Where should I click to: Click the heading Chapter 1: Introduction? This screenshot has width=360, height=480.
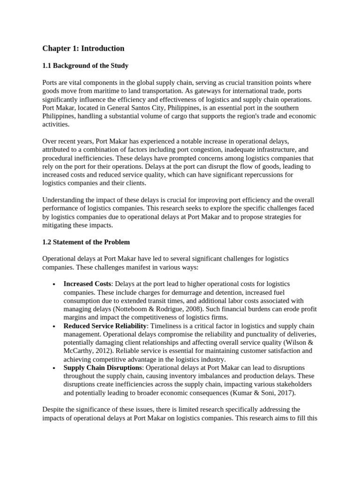coord(83,48)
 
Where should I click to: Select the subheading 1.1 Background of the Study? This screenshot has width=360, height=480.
coord(85,66)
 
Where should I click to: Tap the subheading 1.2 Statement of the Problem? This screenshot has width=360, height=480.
coord(86,242)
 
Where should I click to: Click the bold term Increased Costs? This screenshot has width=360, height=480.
coord(87,284)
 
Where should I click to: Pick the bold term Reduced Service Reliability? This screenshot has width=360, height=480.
coord(105,326)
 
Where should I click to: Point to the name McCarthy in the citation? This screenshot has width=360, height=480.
coord(78,351)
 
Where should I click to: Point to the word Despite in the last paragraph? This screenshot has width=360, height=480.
coord(53,410)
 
